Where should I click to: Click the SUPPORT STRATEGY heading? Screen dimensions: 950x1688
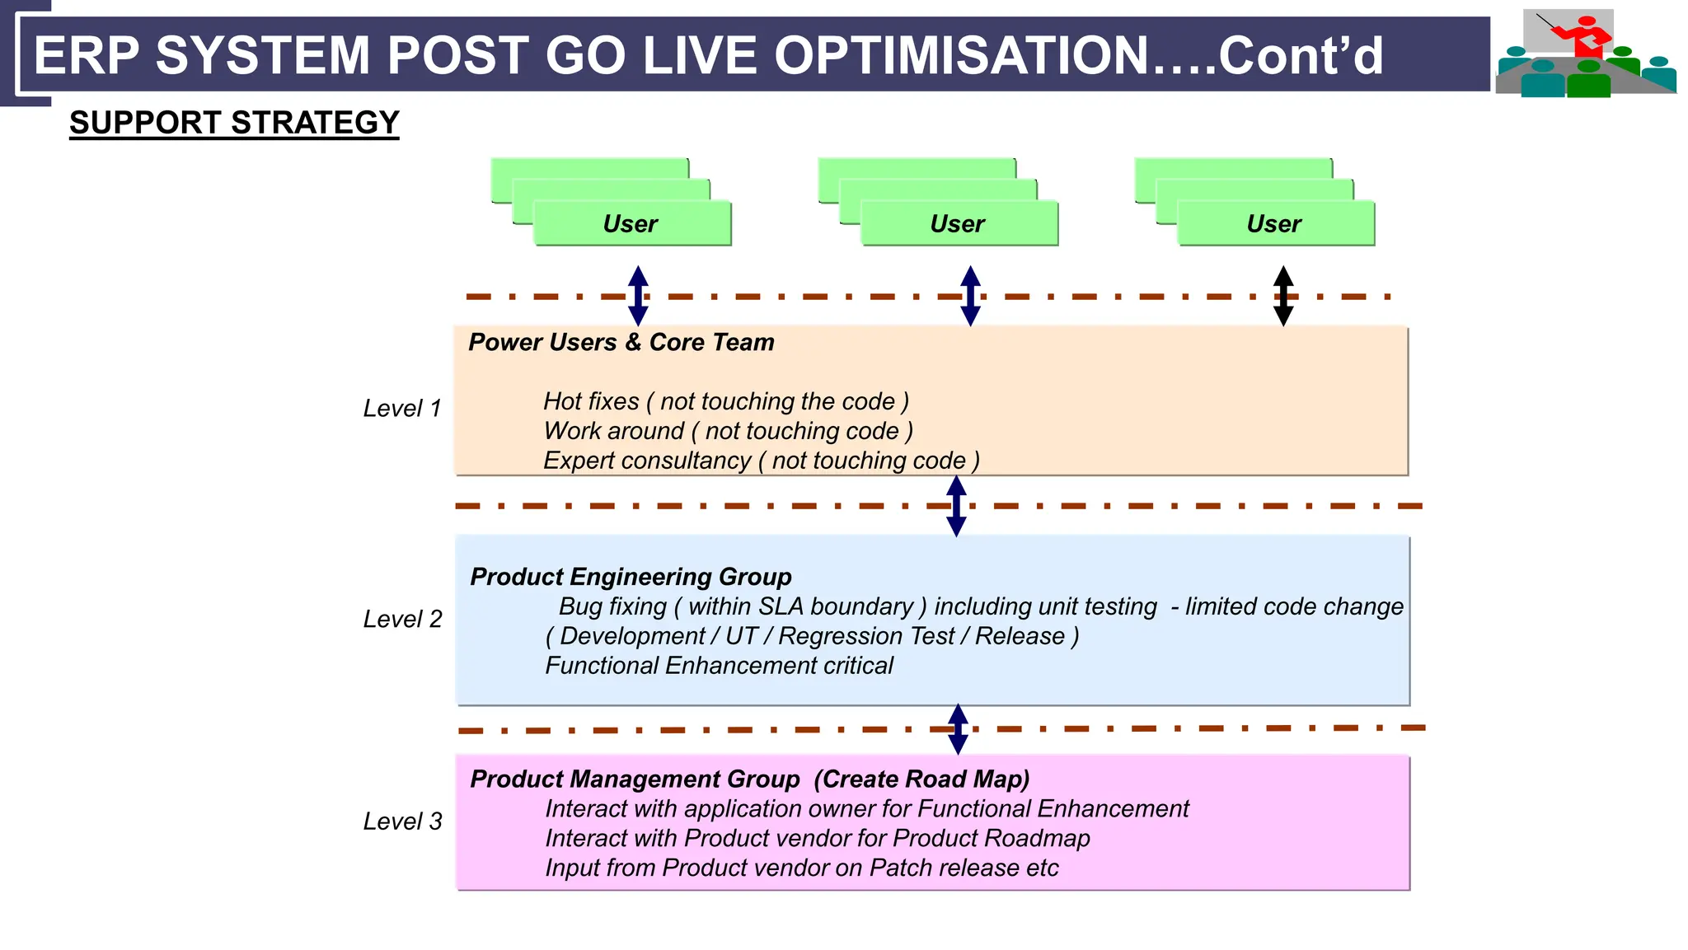point(234,123)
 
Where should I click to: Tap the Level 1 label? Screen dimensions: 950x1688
point(402,409)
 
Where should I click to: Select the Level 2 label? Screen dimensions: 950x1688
point(402,619)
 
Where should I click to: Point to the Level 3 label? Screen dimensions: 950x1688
point(402,821)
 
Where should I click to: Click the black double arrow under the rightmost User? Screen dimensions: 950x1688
point(1283,296)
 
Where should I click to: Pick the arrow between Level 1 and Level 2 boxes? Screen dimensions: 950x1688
point(956,506)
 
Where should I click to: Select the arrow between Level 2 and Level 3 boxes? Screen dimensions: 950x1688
point(958,729)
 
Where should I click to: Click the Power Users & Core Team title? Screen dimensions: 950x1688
point(621,343)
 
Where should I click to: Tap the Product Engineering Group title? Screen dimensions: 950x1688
point(631,577)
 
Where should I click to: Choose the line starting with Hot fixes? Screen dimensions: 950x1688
point(725,401)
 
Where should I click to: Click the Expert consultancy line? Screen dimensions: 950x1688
point(761,461)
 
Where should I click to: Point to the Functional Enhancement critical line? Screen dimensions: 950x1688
point(719,666)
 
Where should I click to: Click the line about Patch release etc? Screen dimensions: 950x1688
point(801,868)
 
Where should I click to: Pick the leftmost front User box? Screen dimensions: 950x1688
point(631,223)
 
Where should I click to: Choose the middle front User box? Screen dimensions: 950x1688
point(959,223)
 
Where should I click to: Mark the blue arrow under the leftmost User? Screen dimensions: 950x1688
point(638,296)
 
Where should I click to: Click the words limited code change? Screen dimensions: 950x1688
point(1294,606)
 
